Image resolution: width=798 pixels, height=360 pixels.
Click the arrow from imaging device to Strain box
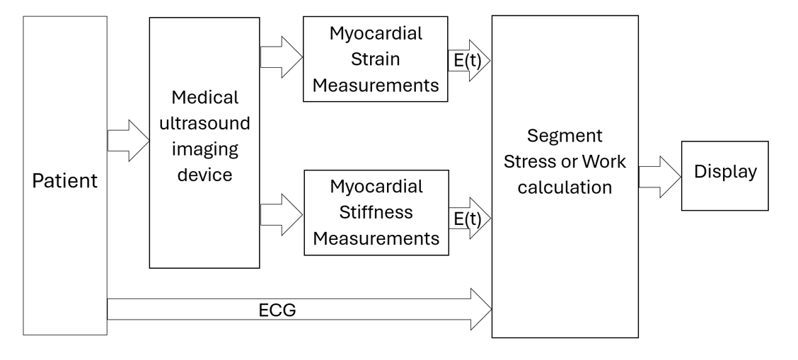281,58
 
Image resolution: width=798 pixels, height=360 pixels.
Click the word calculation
565,188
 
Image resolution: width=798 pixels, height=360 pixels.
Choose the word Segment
565,136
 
